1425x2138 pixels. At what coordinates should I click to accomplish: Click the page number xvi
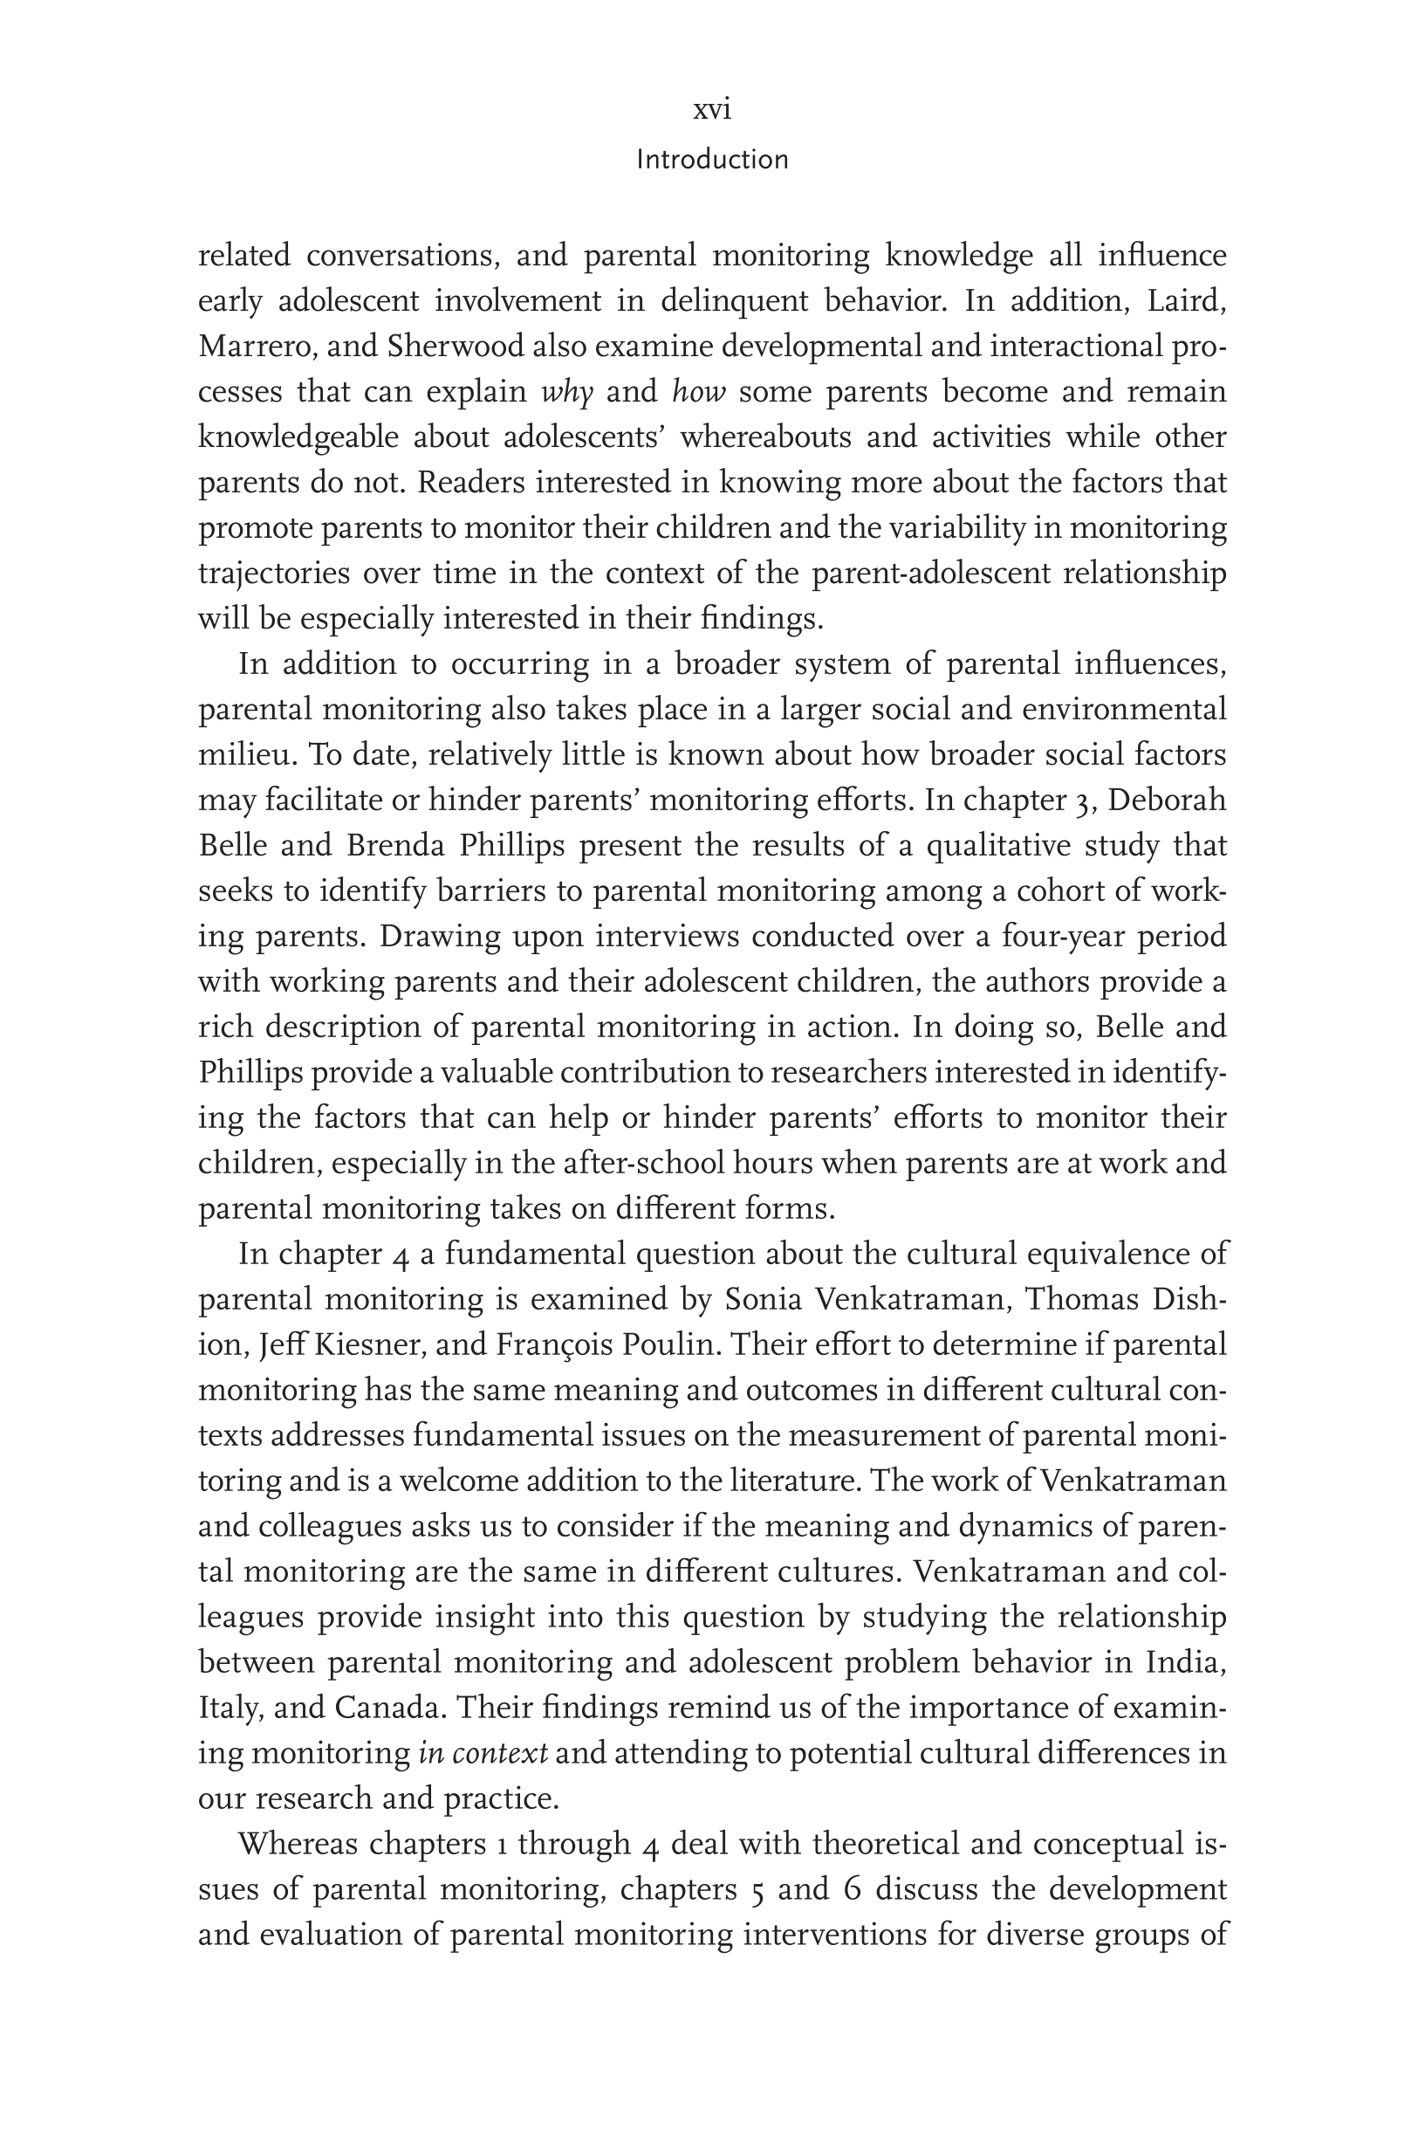coord(711,110)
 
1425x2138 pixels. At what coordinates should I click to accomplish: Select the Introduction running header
coord(711,160)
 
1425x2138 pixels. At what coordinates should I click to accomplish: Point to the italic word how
coord(699,393)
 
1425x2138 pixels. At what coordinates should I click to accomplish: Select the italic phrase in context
coord(483,1754)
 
